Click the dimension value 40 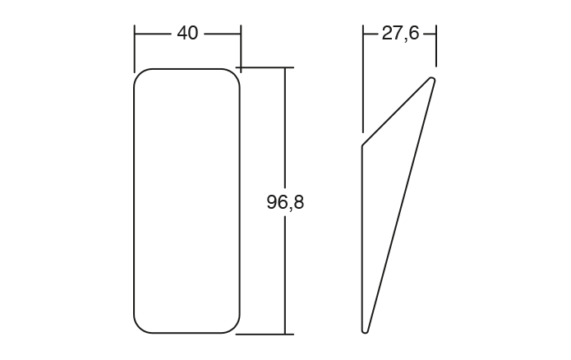[x=187, y=33]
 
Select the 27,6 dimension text [x=400, y=33]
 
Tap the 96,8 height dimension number [x=285, y=201]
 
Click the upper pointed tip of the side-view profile [x=432, y=79]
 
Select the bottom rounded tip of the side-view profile [x=366, y=330]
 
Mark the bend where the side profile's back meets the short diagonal [x=362, y=146]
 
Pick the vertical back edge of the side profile [x=362, y=238]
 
